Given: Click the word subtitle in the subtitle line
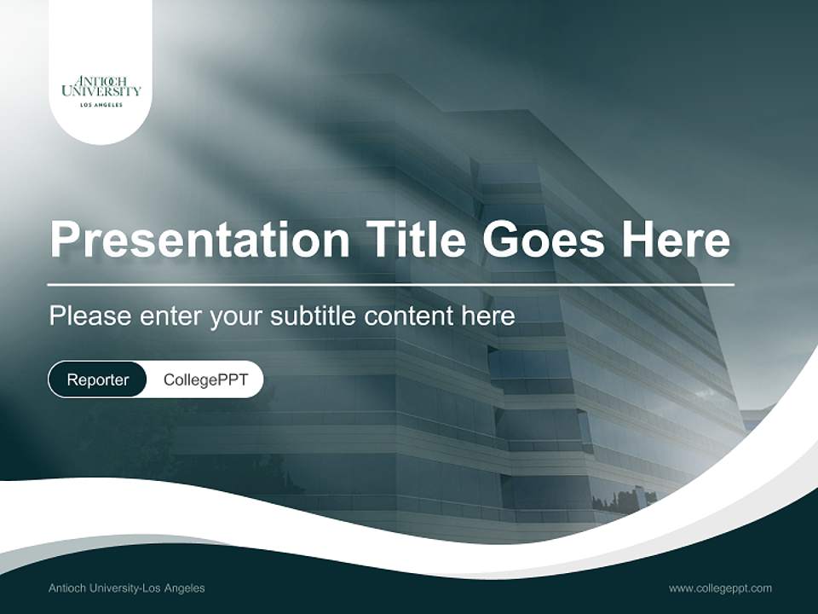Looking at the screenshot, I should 313,316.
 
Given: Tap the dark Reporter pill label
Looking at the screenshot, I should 98,379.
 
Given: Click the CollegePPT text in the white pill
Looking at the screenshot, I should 205,379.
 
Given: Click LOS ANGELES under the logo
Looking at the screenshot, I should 101,105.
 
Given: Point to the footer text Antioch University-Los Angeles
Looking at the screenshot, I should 127,588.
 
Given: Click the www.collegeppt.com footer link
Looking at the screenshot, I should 720,588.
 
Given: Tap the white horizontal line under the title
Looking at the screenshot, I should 390,284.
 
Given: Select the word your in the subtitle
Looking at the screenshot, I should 236,317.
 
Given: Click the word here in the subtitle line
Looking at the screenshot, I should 488,316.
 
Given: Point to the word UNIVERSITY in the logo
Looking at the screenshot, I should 101,91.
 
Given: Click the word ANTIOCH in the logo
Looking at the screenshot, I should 101,80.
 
